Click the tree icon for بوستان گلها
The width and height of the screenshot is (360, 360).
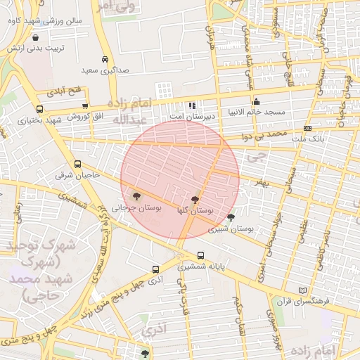pyautogui.click(x=194, y=200)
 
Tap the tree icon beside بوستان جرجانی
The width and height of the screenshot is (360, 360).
pyautogui.click(x=136, y=197)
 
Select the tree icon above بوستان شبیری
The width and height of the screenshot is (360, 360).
pyautogui.click(x=231, y=217)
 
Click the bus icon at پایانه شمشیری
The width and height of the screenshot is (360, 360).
pyautogui.click(x=202, y=255)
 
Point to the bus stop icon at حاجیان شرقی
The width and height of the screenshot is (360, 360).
pyautogui.click(x=77, y=164)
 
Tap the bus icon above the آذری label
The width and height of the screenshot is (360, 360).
pyautogui.click(x=156, y=269)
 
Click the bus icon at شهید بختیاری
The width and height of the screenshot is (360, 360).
pyautogui.click(x=39, y=110)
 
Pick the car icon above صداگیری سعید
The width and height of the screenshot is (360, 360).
pyautogui.click(x=105, y=60)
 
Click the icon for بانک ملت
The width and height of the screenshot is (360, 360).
pyautogui.click(x=308, y=128)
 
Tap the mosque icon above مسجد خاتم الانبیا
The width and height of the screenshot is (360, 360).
pyautogui.click(x=255, y=101)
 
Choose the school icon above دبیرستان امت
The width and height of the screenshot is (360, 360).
pyautogui.click(x=192, y=105)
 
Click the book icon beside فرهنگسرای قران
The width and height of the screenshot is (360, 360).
pyautogui.click(x=303, y=290)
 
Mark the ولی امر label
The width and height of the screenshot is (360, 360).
pyautogui.click(x=113, y=6)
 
